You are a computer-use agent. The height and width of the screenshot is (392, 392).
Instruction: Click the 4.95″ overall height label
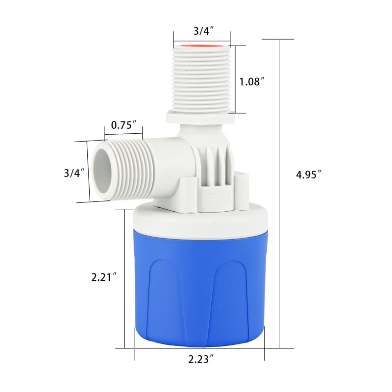309,174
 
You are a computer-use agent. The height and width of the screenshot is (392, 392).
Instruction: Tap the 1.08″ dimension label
252,81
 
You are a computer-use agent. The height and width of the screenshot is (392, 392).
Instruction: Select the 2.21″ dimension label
104,277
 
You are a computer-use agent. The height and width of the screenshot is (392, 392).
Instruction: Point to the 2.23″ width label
201,359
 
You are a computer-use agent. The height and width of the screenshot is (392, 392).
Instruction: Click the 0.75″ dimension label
124,125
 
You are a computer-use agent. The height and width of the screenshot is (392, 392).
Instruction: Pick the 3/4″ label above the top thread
203,31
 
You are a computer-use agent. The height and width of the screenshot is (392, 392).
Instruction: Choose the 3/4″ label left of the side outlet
74,173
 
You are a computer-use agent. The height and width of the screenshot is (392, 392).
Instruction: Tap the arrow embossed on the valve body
172,171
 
